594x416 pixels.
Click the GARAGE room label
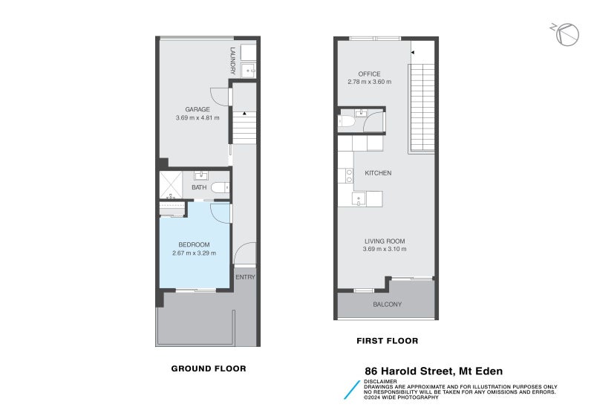(x=197, y=109)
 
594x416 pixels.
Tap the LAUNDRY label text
(x=232, y=61)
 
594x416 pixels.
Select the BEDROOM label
(x=194, y=245)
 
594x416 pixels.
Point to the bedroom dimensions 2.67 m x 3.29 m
(x=194, y=253)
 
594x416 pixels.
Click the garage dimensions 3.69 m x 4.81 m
(x=197, y=118)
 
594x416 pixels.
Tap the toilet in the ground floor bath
(x=219, y=188)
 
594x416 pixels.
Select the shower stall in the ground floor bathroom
(x=172, y=183)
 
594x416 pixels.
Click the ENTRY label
(x=245, y=277)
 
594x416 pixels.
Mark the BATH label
(x=199, y=188)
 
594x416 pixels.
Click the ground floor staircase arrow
(x=244, y=113)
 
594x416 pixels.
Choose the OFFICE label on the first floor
(x=369, y=74)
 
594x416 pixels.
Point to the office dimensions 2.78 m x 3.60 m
(x=369, y=82)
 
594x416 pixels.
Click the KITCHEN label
(x=377, y=173)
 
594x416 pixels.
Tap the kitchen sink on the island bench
(x=358, y=198)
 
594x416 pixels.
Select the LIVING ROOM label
(x=384, y=241)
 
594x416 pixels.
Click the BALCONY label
(x=386, y=305)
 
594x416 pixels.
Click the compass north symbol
(x=567, y=35)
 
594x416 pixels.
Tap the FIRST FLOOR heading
(x=386, y=341)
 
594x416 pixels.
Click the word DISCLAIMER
(x=379, y=381)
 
